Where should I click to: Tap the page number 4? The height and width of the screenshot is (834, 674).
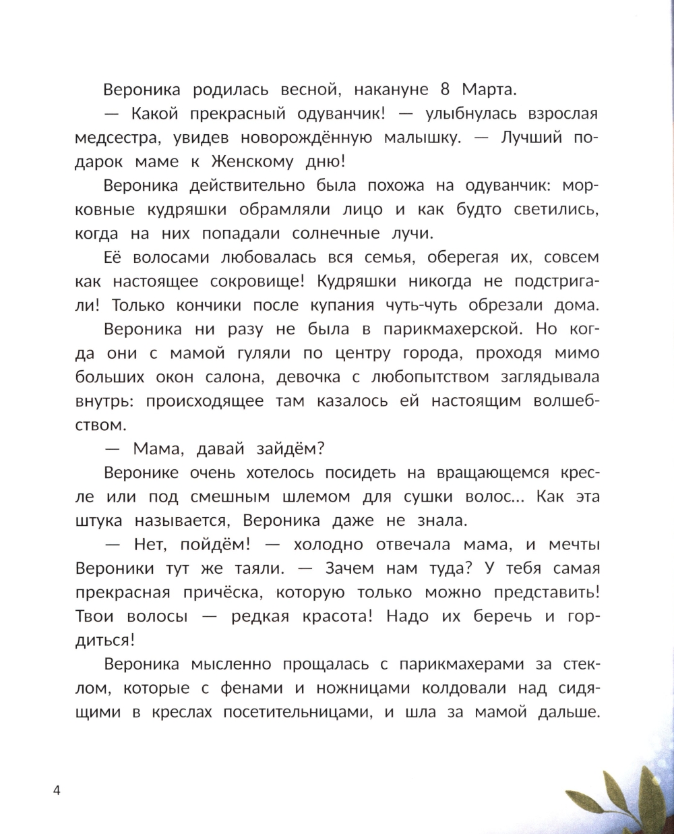57,790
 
